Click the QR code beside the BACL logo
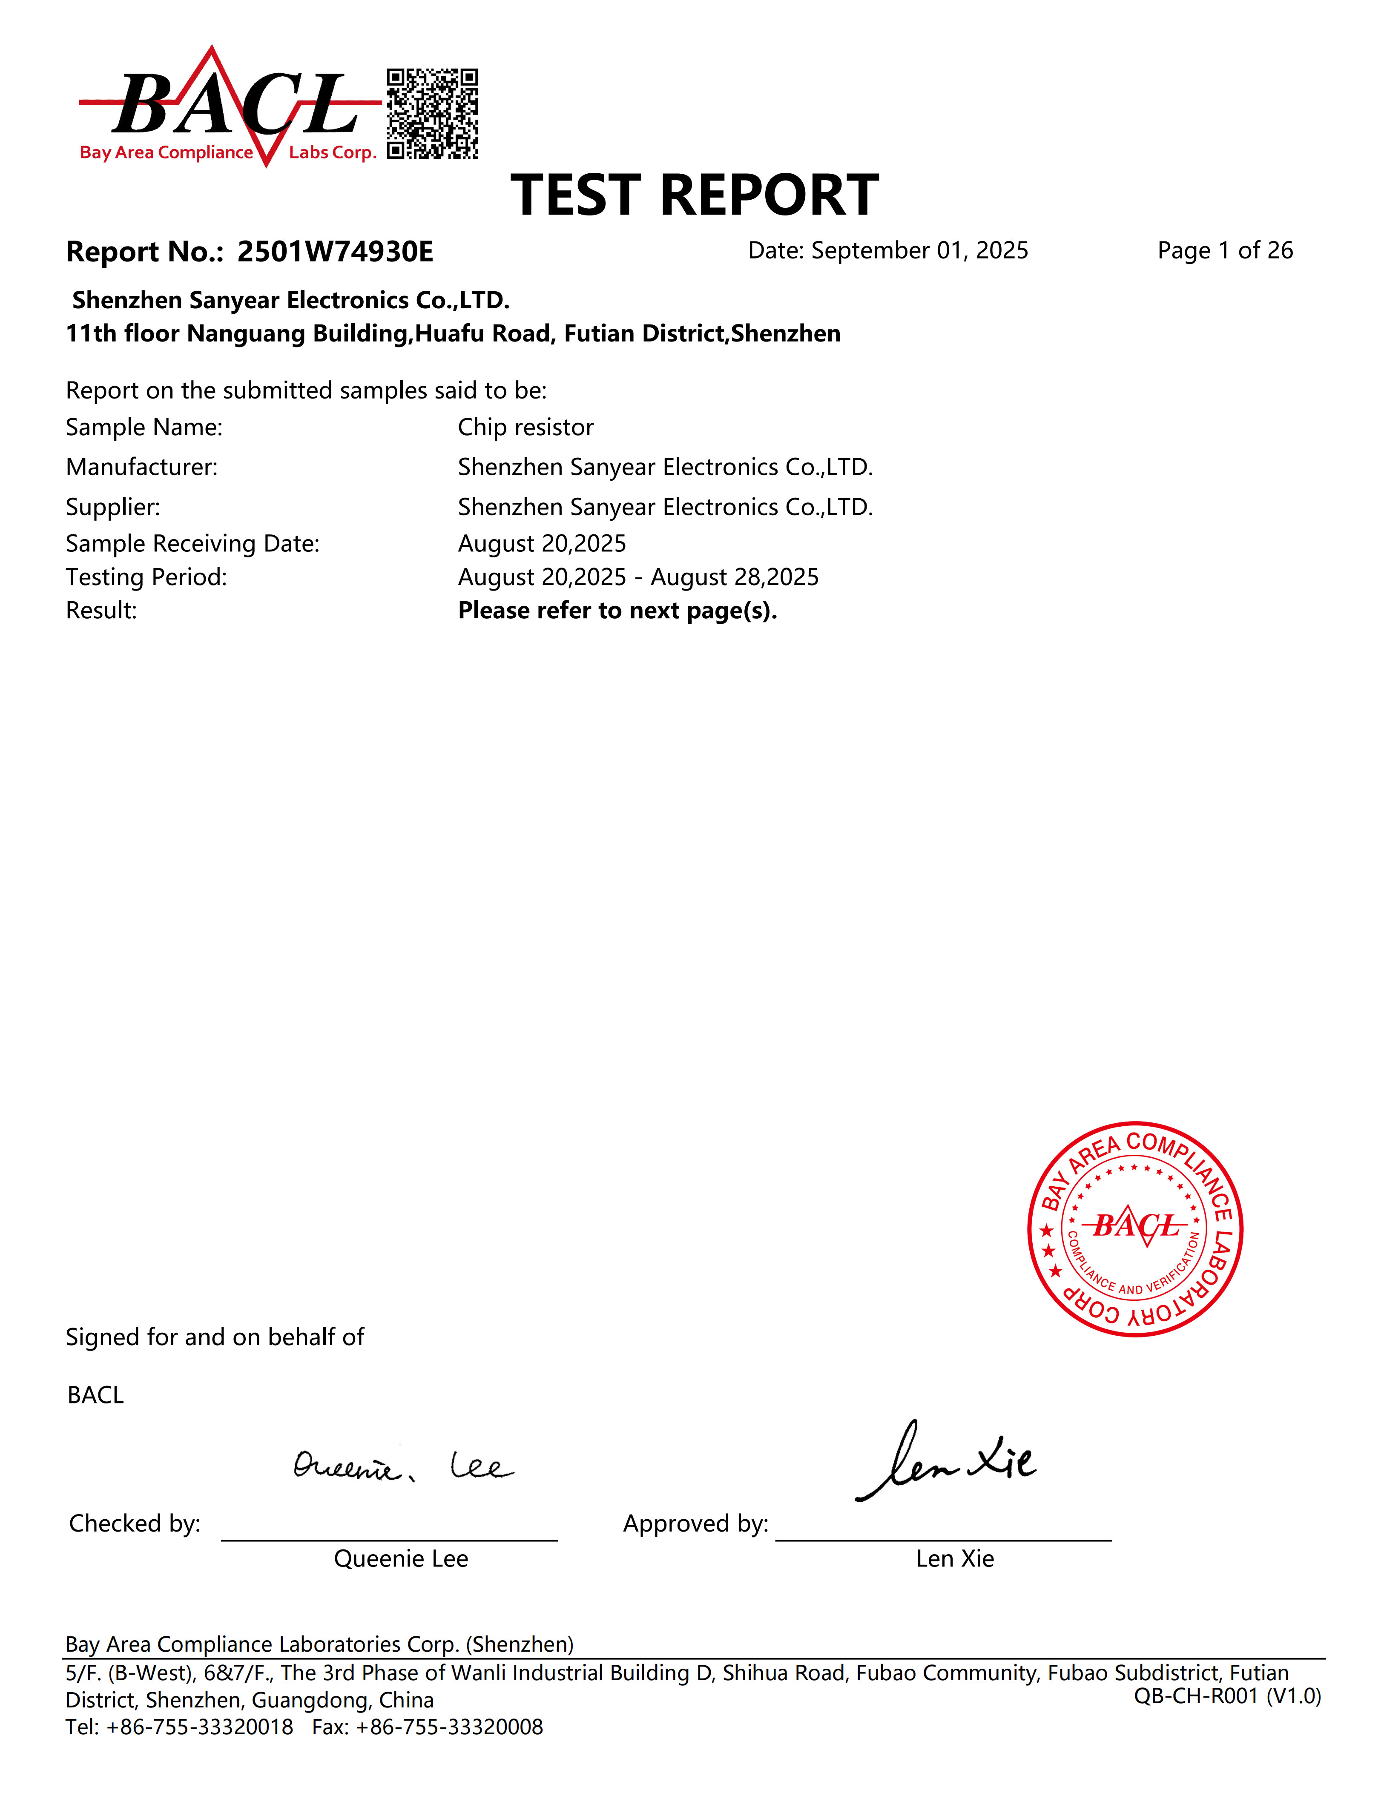coord(432,114)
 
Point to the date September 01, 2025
coord(919,250)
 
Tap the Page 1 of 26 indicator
coord(1224,250)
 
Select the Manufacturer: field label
coord(141,467)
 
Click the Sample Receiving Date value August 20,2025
coord(542,544)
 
